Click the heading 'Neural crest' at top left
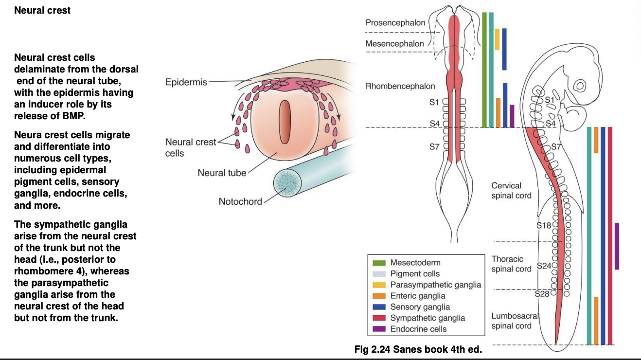pos(42,10)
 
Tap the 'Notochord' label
pos(240,201)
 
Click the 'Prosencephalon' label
pos(395,22)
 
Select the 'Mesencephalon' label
pos(394,44)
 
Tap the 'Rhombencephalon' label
pos(400,87)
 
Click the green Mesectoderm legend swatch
pos(379,263)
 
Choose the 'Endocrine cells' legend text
pos(418,329)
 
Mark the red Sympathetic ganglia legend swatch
pos(379,318)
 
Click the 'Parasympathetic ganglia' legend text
pos(435,285)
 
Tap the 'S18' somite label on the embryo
pos(544,225)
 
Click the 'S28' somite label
pos(542,294)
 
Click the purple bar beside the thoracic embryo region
pos(617,246)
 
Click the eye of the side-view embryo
pos(580,86)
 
